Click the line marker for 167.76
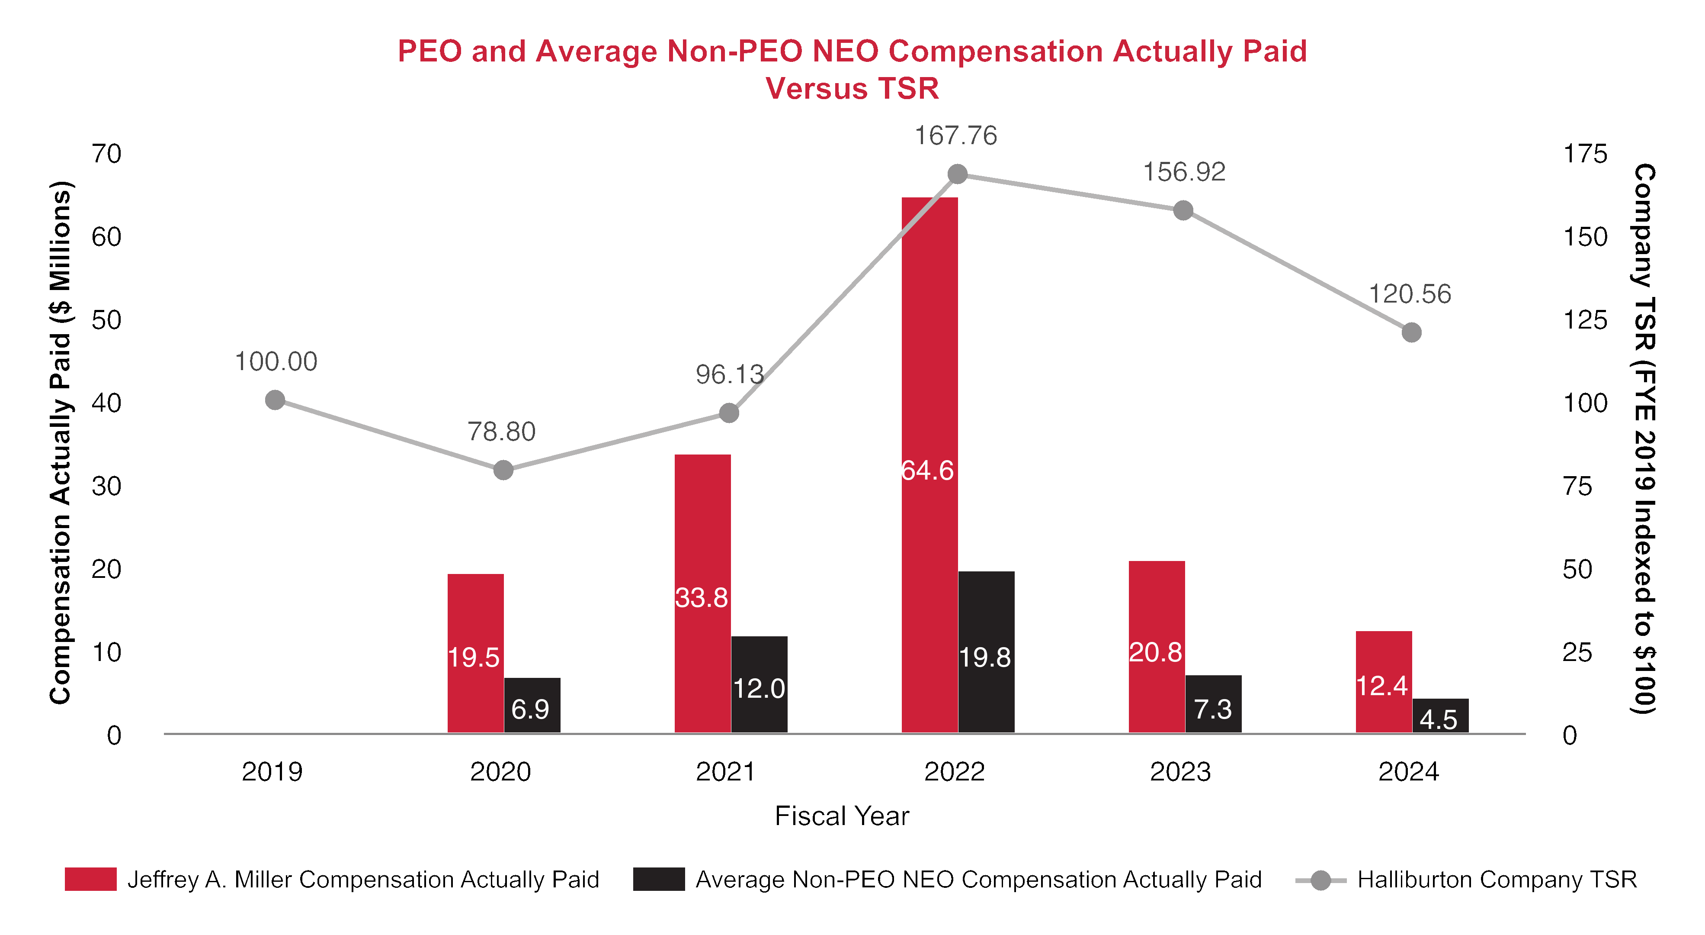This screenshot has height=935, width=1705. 958,174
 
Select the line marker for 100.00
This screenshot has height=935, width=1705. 275,400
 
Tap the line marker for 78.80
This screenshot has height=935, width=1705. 503,470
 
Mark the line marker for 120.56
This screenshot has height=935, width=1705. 1412,332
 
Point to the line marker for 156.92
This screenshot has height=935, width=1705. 1183,210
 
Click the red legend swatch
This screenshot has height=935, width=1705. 91,879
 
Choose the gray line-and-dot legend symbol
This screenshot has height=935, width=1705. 1320,880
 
